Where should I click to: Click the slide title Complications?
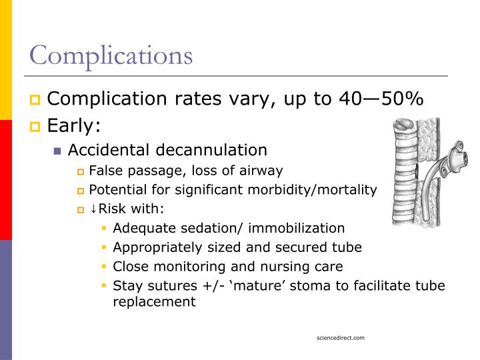tap(111, 55)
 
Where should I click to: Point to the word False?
tap(105, 171)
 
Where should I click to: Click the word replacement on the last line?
tap(154, 301)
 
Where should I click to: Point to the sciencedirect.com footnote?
tap(341, 338)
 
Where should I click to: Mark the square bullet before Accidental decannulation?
tap(58, 151)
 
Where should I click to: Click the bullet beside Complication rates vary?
tap(36, 100)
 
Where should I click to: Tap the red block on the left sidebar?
tap(6, 180)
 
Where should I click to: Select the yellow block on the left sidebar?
tap(6, 60)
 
